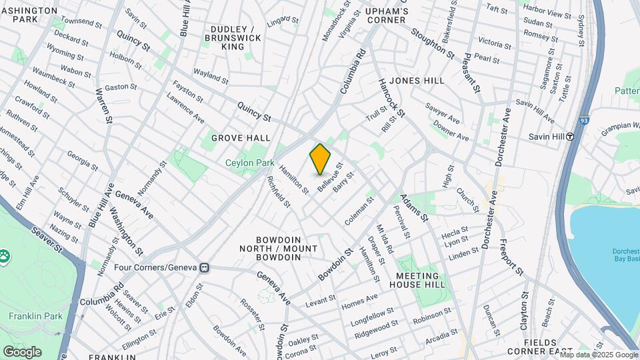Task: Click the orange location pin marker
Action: coord(320,159)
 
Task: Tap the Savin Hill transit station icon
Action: coord(570,137)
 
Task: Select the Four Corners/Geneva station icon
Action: coord(204,267)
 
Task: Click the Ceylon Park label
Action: coord(250,163)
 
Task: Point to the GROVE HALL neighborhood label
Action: coord(241,138)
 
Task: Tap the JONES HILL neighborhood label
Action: coord(417,81)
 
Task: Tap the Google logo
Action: coord(22,352)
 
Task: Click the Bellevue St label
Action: coord(330,177)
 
